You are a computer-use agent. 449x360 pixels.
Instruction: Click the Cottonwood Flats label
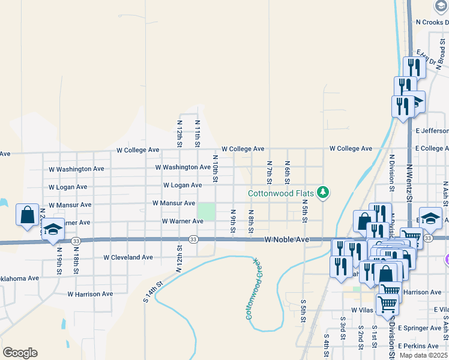283,193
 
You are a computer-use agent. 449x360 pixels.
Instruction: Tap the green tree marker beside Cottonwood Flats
324,192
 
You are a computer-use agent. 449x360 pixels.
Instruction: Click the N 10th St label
215,167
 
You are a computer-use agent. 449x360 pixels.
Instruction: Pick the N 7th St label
270,172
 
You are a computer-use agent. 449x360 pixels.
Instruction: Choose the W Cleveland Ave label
128,257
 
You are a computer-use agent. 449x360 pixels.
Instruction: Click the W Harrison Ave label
90,294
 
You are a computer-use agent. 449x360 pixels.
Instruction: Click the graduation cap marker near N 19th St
53,230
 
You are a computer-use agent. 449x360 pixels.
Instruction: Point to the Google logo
20,353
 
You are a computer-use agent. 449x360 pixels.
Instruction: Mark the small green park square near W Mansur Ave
206,212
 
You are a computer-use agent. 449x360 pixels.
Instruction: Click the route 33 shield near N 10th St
193,239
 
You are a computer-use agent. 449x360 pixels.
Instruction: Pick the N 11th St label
197,133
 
